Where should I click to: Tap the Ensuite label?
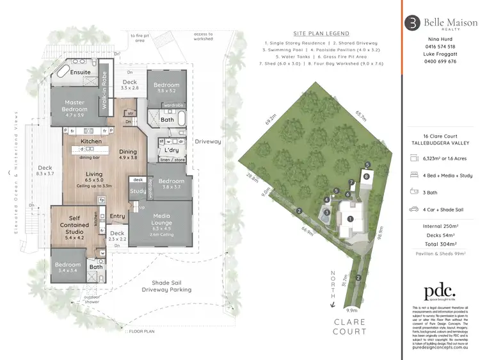point(80,72)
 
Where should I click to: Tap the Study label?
point(137,190)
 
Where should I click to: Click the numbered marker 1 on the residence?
point(350,219)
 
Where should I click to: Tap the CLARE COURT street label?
point(349,326)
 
